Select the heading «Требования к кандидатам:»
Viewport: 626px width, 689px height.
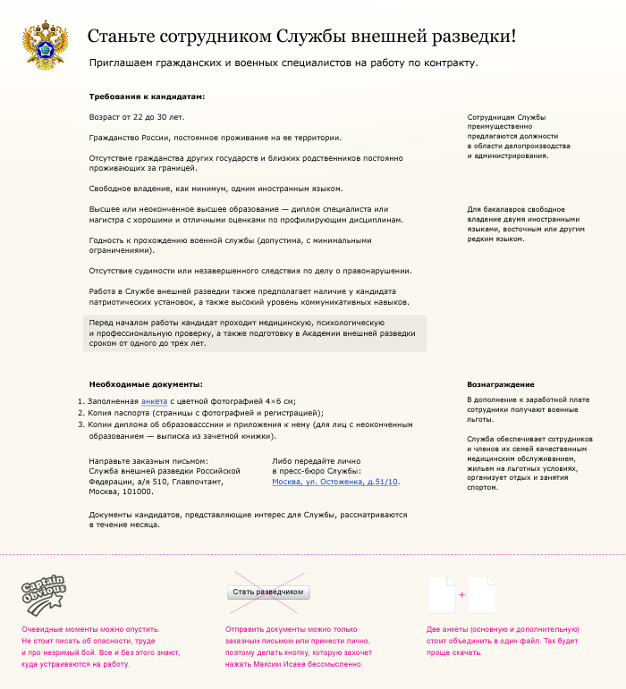coord(148,97)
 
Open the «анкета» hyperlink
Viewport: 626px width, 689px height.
coord(154,401)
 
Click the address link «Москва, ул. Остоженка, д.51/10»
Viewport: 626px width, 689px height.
coord(335,482)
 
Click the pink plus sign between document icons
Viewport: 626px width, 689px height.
coord(462,594)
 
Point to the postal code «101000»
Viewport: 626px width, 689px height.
coord(137,492)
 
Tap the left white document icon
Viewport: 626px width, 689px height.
coord(442,594)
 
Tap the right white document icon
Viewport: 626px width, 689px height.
coord(483,594)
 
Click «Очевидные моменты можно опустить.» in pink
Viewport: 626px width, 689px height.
coord(90,630)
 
